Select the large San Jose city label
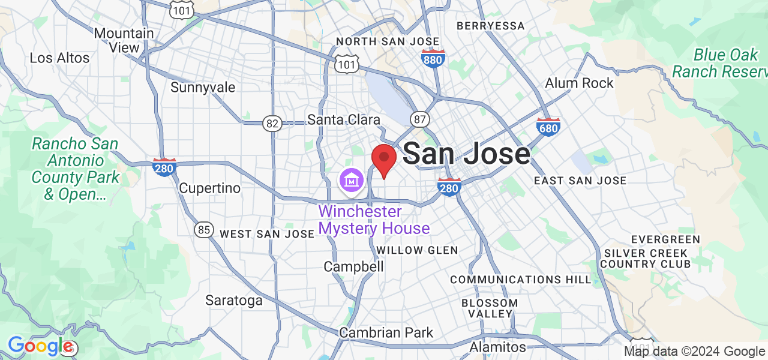point(466,154)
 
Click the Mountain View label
point(124,40)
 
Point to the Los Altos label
point(59,58)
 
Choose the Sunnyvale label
point(203,88)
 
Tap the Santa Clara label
point(344,119)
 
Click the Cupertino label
point(210,188)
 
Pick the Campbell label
point(353,266)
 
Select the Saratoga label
point(234,301)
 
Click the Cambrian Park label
point(386,332)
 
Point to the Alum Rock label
point(579,83)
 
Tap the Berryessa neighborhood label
point(490,26)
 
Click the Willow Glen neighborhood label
point(417,250)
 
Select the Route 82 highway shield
point(272,124)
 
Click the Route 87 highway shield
point(420,119)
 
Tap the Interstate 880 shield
point(434,59)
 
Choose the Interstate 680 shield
point(548,127)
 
